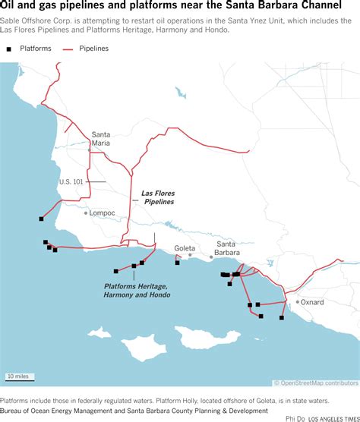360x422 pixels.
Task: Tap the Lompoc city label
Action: point(102,213)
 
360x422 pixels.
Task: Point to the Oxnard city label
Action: point(312,302)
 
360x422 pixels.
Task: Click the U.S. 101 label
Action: point(71,182)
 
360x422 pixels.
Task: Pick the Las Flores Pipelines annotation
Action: point(157,197)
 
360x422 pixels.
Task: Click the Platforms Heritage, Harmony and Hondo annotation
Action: point(137,290)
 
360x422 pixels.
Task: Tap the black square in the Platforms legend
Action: point(9,49)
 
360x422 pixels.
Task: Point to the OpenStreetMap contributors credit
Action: point(316,383)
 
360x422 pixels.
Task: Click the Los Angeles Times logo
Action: point(333,417)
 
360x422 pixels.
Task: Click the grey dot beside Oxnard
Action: point(298,302)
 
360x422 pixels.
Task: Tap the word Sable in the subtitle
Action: point(11,21)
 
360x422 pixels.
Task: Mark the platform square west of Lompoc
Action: point(41,219)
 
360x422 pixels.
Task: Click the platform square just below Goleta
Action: point(177,263)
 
